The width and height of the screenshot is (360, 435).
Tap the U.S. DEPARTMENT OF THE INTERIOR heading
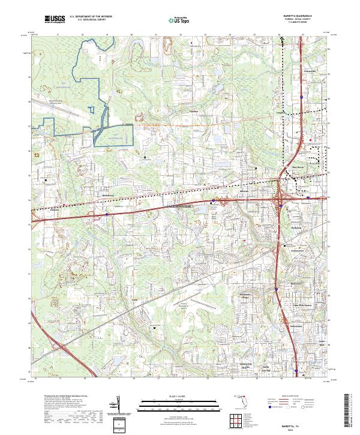click(91, 16)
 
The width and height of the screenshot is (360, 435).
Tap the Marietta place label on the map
click(244, 191)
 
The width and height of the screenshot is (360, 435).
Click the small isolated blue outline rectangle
click(91, 110)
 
